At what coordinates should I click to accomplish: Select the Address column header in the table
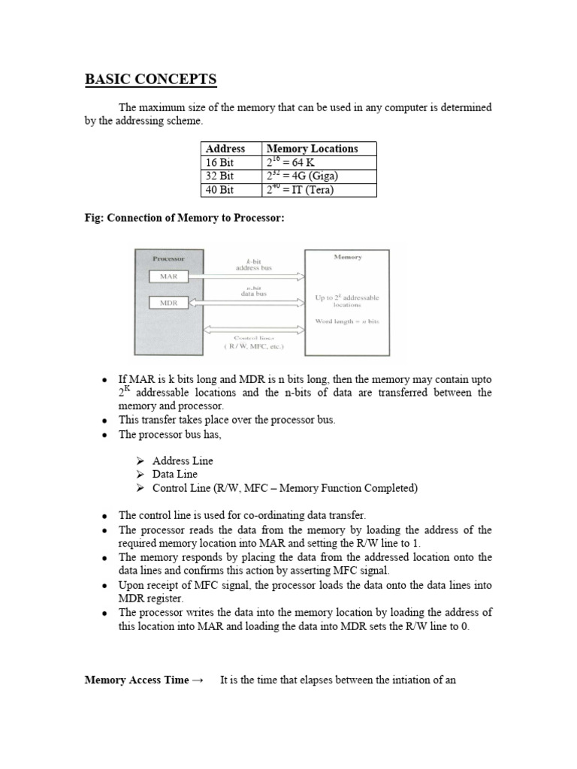tap(225, 149)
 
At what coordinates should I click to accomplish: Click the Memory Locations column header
tap(313, 149)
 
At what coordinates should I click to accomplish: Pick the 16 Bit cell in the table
tap(220, 162)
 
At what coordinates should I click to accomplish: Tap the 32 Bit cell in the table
tap(220, 176)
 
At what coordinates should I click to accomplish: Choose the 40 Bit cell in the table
tap(220, 190)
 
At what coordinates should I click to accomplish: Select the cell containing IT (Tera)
tap(301, 190)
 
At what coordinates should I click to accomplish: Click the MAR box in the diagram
tap(168, 276)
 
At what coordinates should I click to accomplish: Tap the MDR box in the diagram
tap(168, 303)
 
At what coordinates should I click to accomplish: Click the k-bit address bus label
tap(246, 263)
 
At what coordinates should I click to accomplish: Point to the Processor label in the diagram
tap(168, 258)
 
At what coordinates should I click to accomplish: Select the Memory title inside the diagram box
tap(347, 257)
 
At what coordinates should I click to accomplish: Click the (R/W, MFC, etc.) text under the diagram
tap(246, 346)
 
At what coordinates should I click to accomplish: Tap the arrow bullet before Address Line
tap(140, 461)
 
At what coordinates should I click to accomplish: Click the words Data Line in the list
tap(174, 475)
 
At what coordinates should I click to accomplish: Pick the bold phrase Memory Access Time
tap(136, 680)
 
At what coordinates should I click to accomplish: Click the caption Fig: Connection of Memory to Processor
tap(185, 218)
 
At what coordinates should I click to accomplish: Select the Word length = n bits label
tap(347, 321)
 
